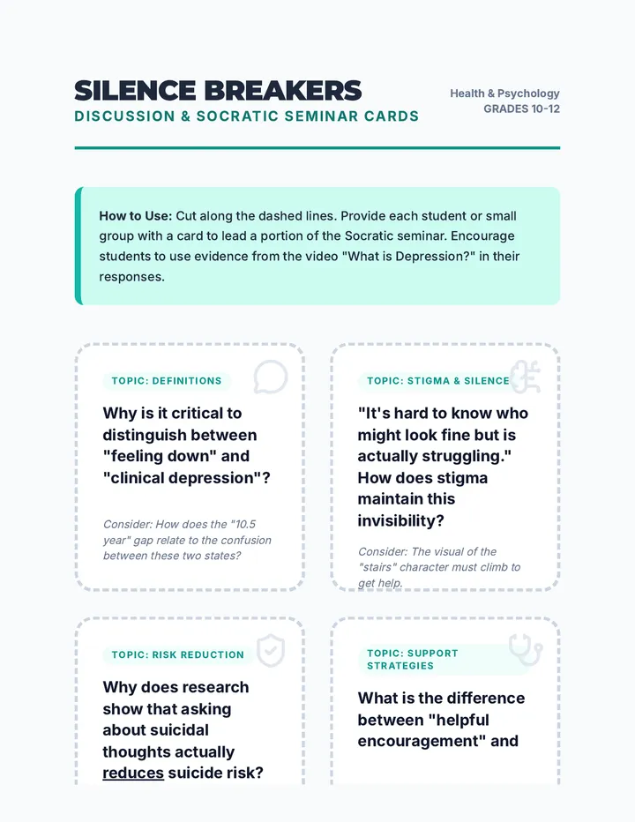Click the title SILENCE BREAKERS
(218, 91)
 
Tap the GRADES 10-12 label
(521, 109)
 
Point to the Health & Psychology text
(504, 93)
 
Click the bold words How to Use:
(135, 216)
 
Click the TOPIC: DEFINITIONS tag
(167, 381)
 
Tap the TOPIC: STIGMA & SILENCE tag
(438, 381)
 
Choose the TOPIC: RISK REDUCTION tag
(178, 654)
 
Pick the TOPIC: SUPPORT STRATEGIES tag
(413, 660)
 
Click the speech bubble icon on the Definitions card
(271, 377)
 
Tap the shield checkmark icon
(271, 651)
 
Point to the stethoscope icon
(526, 650)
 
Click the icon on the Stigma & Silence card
(526, 377)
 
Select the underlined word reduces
(133, 773)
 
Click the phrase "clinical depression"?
(187, 478)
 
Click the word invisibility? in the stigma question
(401, 520)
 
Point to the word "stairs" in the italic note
(376, 567)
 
